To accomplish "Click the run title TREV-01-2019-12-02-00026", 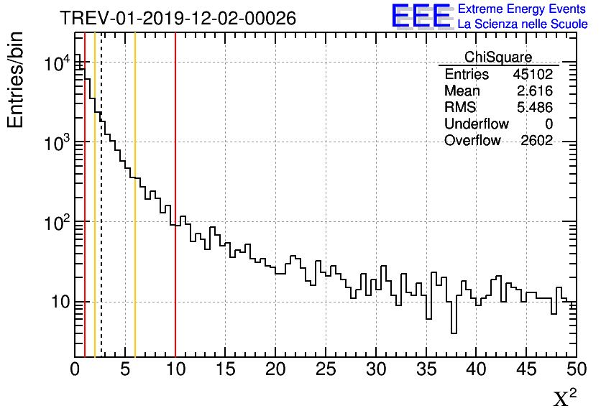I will [x=177, y=18].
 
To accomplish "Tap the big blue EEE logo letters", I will [x=421, y=16].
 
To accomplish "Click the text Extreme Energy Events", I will [x=523, y=9].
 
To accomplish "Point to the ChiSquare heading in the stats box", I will [x=498, y=57].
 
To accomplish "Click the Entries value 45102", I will [x=533, y=75].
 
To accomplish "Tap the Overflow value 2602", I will [x=536, y=141].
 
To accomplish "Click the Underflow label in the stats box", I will [x=476, y=124].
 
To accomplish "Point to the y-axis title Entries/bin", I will [x=16, y=80].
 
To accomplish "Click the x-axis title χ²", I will [x=565, y=397].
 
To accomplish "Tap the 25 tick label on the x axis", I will [x=326, y=369].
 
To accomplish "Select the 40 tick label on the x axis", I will [x=477, y=369].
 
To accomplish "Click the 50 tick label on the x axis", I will [x=576, y=369].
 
